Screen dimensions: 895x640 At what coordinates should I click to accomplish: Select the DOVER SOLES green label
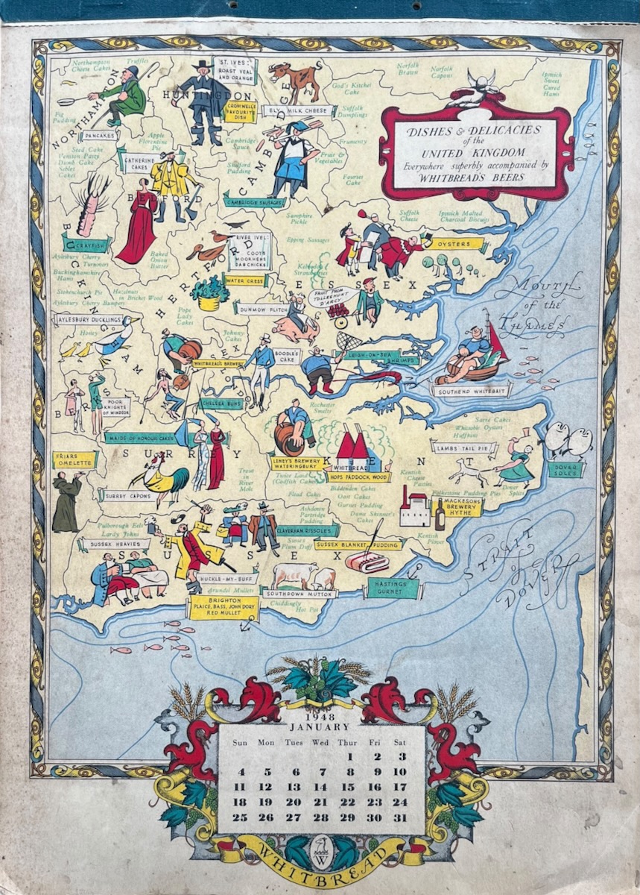tap(566, 469)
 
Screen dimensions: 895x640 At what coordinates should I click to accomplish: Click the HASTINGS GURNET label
tap(392, 588)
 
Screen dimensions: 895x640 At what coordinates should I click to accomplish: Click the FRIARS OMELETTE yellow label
tap(75, 459)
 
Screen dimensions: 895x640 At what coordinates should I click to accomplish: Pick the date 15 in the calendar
tap(348, 786)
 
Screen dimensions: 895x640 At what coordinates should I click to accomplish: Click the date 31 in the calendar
tap(399, 817)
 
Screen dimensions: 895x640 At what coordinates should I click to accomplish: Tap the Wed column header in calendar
tap(321, 742)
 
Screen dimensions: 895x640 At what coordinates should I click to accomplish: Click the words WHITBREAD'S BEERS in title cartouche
tap(477, 178)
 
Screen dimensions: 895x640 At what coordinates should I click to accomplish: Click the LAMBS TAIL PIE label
tap(463, 447)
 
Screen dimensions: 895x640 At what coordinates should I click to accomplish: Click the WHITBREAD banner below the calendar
tap(321, 855)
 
